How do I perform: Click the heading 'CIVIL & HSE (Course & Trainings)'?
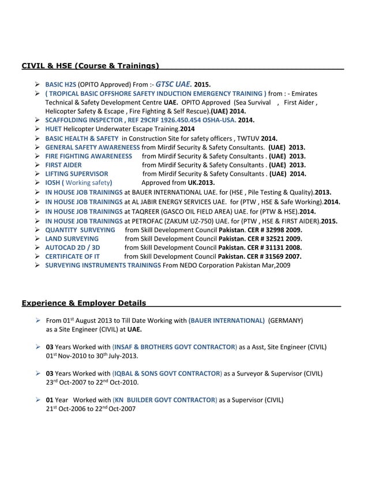[91, 66]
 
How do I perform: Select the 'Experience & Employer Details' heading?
[84, 303]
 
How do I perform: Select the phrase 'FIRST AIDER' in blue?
[63, 165]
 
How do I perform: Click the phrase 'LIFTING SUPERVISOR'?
[77, 174]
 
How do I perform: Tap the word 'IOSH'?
[54, 183]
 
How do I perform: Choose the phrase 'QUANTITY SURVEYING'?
[80, 229]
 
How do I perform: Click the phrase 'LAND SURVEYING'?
[72, 238]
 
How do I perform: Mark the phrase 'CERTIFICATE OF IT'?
[73, 256]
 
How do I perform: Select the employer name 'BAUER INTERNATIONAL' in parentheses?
[226, 320]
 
